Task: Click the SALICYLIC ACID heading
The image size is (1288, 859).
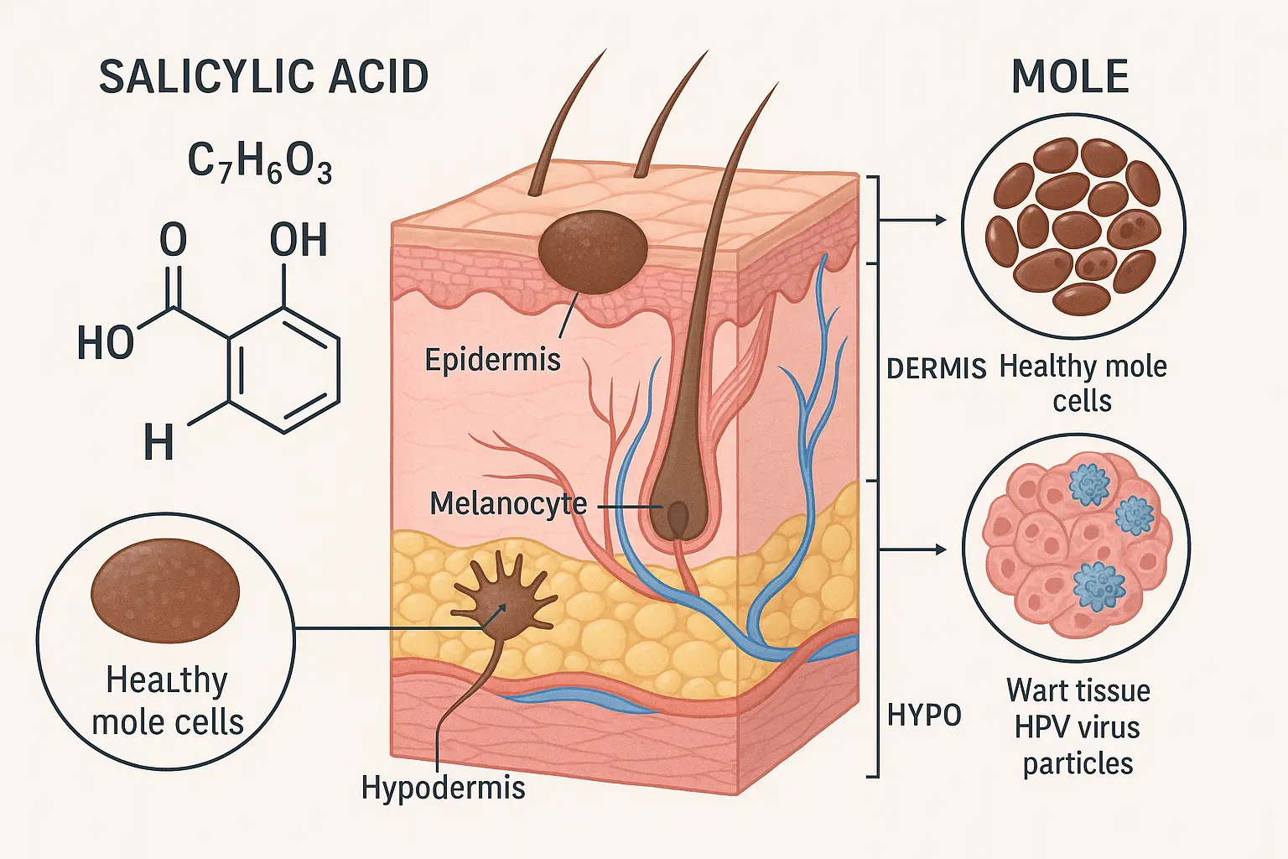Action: click(x=263, y=77)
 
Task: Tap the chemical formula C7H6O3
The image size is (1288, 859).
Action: click(x=259, y=161)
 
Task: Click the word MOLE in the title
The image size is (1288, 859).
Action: click(x=1070, y=77)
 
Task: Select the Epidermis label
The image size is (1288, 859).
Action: click(x=492, y=360)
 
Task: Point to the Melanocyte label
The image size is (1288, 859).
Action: click(x=508, y=504)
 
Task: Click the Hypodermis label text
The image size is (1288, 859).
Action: click(x=443, y=788)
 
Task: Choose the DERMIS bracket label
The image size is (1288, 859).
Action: click(x=936, y=368)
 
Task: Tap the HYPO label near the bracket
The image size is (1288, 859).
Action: click(x=924, y=716)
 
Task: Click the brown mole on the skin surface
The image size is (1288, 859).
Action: click(x=592, y=251)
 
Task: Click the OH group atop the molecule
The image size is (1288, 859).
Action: click(x=298, y=241)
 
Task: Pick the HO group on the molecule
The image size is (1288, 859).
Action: click(x=106, y=343)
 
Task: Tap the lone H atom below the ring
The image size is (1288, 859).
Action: click(x=158, y=442)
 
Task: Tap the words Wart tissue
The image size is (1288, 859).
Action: click(x=1078, y=690)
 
